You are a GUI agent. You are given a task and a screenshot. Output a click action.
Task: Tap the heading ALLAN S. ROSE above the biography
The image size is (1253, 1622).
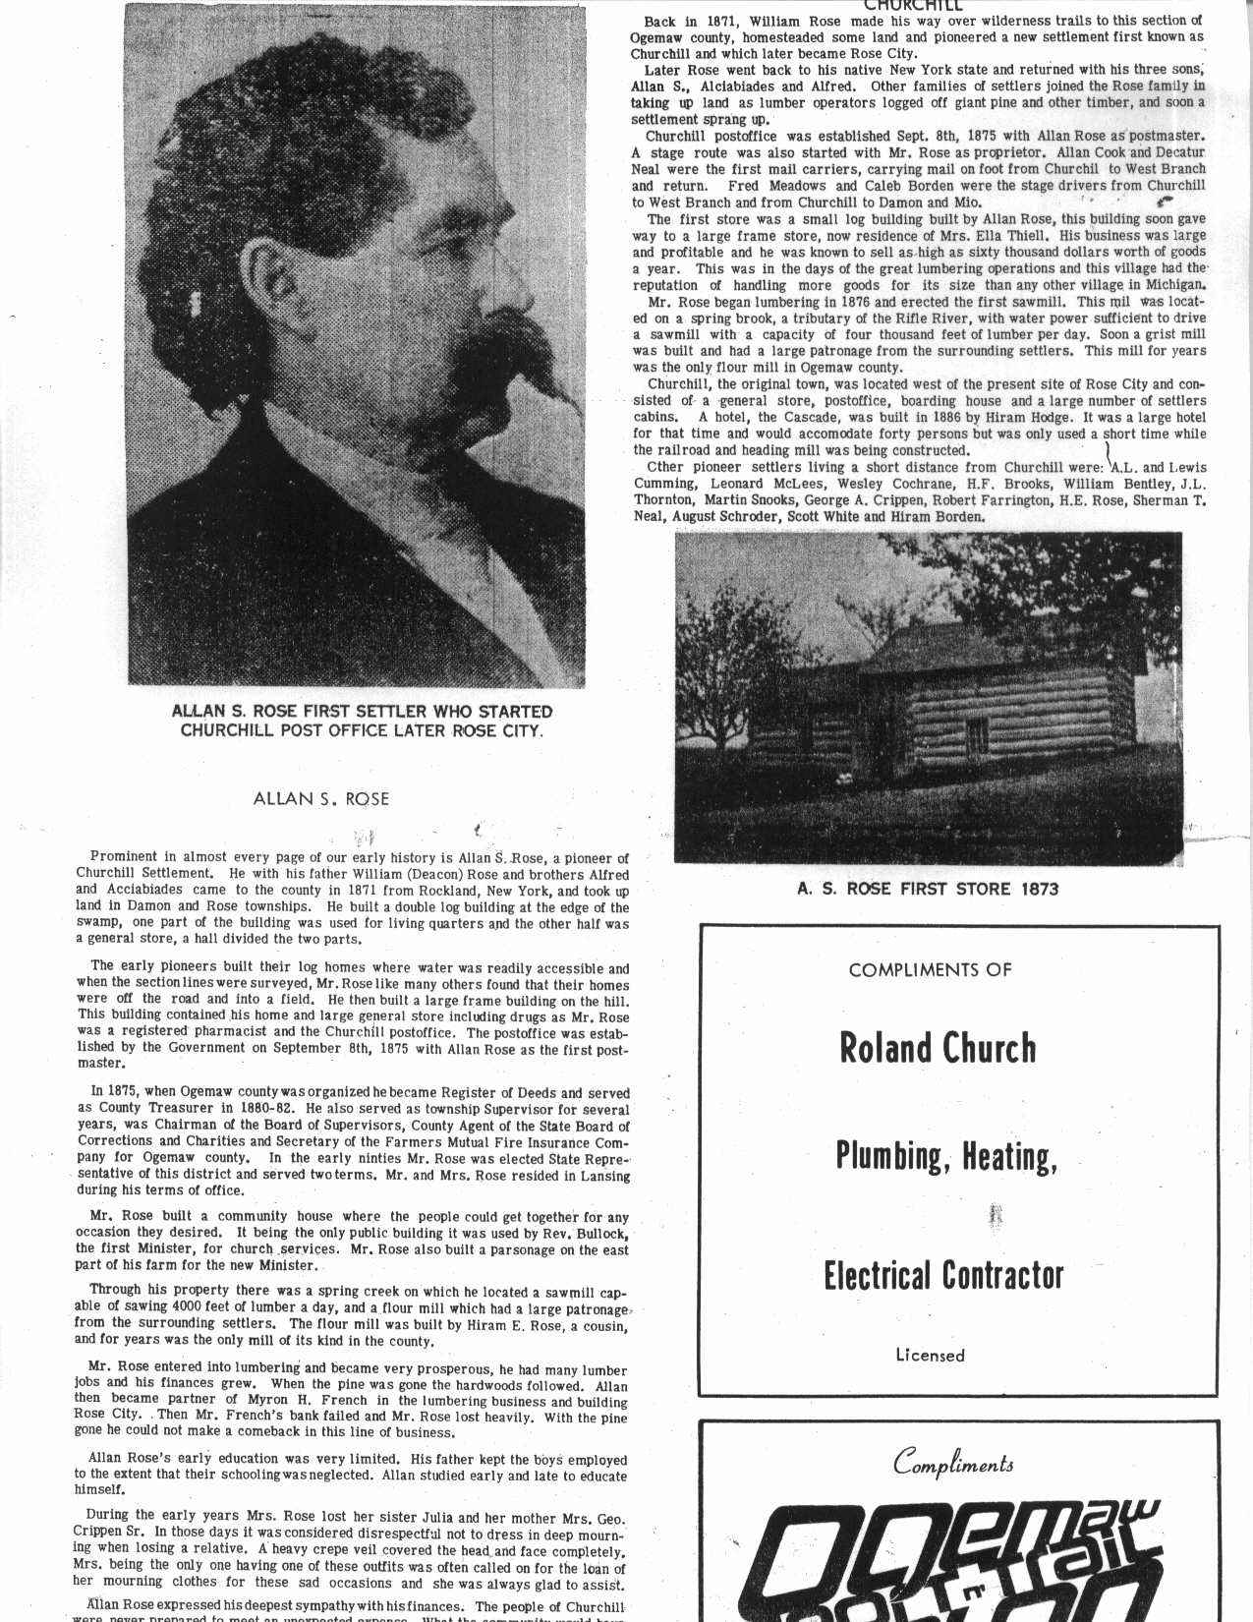(320, 799)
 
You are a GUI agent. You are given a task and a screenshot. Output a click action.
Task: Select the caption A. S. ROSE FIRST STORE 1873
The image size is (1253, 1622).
(928, 889)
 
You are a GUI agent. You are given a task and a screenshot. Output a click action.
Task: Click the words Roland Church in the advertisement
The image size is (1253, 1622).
(938, 1049)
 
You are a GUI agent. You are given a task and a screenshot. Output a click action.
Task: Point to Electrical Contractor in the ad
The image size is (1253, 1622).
(942, 1275)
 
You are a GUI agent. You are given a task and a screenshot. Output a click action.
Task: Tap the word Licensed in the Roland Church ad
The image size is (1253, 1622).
(930, 1355)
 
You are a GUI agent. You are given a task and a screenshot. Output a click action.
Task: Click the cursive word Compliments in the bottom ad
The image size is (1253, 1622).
(953, 1464)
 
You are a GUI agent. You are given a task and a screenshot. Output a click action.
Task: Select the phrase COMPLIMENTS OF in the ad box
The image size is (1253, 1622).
(930, 969)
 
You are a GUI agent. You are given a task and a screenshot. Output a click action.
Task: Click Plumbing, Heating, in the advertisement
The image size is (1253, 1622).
(945, 1157)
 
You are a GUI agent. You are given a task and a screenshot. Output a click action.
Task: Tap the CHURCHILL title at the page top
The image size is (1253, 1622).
(913, 6)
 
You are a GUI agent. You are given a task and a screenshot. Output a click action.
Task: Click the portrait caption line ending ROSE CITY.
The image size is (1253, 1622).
(362, 730)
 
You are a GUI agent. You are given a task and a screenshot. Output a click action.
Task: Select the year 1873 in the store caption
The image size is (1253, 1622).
(1038, 889)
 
